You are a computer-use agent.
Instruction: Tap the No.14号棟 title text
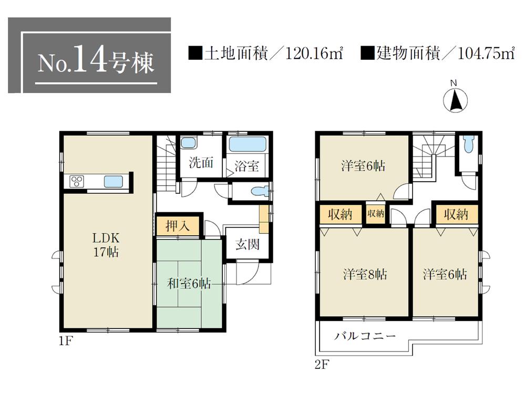coord(97,62)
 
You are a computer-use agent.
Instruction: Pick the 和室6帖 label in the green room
coord(189,284)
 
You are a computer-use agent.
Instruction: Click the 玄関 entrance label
coord(247,245)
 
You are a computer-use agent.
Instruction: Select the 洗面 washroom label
coord(201,163)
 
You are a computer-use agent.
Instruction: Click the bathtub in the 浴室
coord(249,144)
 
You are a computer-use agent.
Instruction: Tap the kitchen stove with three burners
coord(76,182)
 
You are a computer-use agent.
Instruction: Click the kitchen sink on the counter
coord(113,182)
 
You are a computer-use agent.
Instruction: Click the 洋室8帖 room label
coord(366,274)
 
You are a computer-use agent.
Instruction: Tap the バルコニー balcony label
coord(365,336)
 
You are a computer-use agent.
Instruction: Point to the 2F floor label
coord(321,364)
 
